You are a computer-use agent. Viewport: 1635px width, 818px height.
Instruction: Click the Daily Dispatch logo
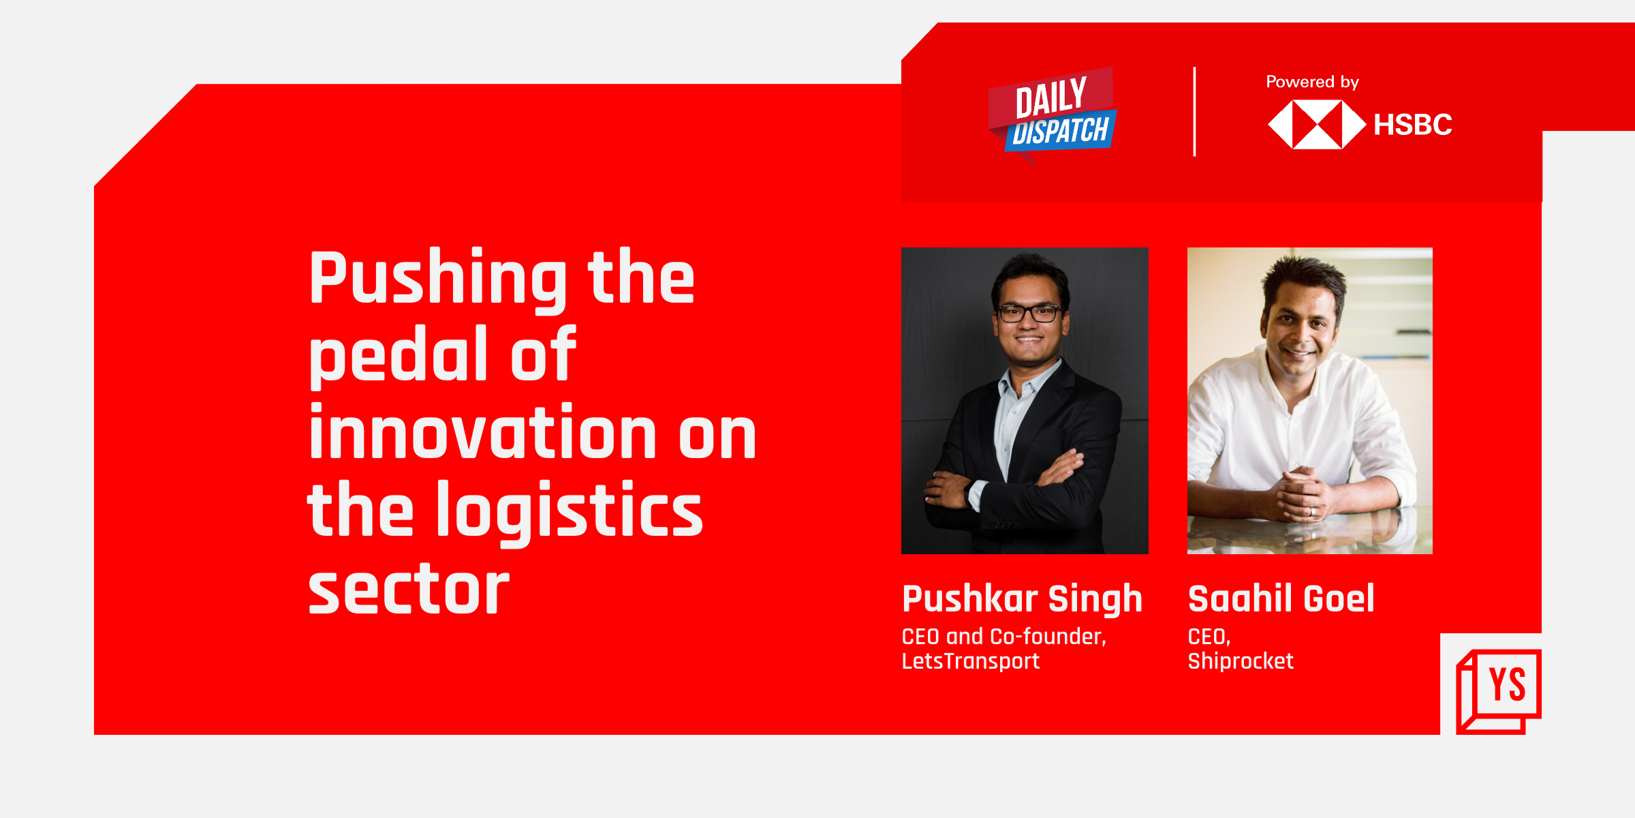(x=1053, y=115)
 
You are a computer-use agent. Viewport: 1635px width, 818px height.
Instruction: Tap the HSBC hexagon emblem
(x=1317, y=125)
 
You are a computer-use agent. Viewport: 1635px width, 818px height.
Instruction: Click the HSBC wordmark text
(x=1413, y=125)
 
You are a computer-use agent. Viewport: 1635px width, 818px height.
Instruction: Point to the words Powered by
(x=1312, y=82)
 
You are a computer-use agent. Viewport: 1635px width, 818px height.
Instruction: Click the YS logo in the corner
(x=1499, y=691)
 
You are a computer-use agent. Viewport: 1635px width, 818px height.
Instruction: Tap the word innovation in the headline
(x=483, y=432)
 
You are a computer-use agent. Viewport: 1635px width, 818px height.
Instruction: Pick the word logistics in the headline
(x=578, y=511)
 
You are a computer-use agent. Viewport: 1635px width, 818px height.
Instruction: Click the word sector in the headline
(x=409, y=589)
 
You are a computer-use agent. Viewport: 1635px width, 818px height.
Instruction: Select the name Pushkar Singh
(x=1022, y=600)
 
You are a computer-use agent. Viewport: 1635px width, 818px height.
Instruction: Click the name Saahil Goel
(x=1281, y=599)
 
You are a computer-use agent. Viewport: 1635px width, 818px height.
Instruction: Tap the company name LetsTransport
(x=971, y=661)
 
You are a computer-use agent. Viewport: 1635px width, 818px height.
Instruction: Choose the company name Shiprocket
(x=1241, y=661)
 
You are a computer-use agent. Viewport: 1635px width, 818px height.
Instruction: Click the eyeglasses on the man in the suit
(x=1029, y=314)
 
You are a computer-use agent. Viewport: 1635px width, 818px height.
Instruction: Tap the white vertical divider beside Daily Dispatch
(x=1194, y=112)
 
